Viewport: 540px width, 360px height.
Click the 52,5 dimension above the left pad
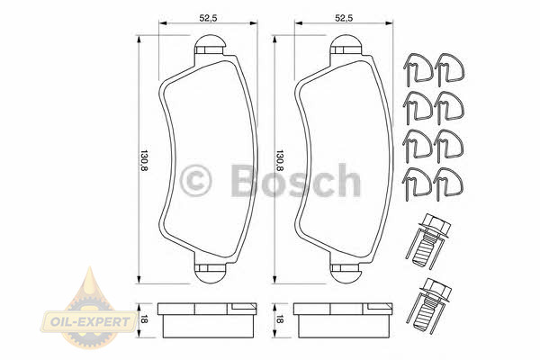coord(208,19)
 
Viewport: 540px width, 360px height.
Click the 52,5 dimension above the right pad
coord(344,19)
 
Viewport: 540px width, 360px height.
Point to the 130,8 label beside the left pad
coord(144,161)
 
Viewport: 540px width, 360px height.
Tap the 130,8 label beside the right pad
coord(280,161)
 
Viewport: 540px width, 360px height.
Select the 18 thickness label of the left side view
coord(144,320)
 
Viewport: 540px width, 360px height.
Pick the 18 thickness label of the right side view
coord(280,320)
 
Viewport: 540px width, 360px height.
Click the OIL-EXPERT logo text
coord(90,322)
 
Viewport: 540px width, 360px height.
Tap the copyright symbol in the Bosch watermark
coord(195,181)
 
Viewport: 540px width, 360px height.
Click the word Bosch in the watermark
coord(295,180)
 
